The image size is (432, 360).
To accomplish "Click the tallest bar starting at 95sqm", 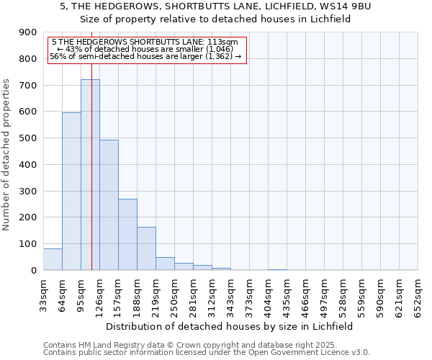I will tap(90, 175).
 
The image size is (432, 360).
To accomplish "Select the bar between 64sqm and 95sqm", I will tap(71, 191).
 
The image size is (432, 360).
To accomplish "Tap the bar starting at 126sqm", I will tap(109, 205).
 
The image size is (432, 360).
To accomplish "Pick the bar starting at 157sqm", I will tap(127, 235).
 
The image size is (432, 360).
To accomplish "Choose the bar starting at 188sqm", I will tap(146, 248).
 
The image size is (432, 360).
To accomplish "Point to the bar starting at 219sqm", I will tap(165, 264).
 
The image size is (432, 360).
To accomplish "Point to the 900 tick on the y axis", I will tap(28, 32).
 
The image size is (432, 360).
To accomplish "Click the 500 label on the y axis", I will tap(28, 138).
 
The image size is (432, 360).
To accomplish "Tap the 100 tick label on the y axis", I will tap(28, 244).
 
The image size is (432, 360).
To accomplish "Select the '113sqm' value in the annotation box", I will tap(213, 42).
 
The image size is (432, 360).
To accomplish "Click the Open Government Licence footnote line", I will tap(207, 353).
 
